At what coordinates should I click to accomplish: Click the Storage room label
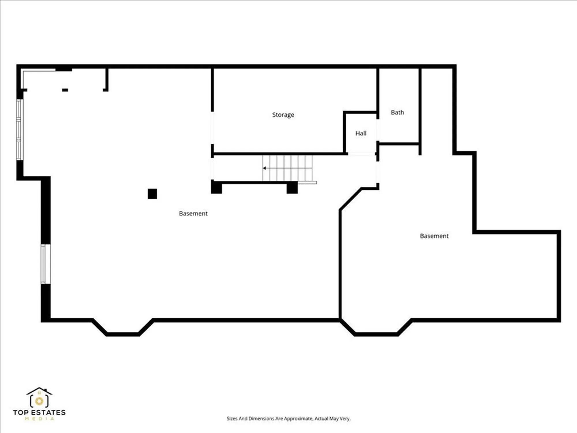(x=283, y=115)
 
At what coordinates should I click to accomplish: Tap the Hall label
(x=361, y=133)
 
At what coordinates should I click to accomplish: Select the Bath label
(x=397, y=113)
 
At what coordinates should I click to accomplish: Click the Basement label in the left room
(x=193, y=214)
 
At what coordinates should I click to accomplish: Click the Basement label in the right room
(x=434, y=236)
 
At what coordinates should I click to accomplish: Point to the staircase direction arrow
(x=264, y=168)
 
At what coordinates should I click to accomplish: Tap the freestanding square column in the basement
(x=152, y=194)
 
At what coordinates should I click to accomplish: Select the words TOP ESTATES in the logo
(x=39, y=413)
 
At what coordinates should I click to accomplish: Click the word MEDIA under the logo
(x=39, y=419)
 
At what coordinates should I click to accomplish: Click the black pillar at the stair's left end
(x=216, y=187)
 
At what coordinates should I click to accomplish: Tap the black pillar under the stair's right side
(x=292, y=188)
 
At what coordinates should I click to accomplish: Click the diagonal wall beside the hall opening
(x=350, y=199)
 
